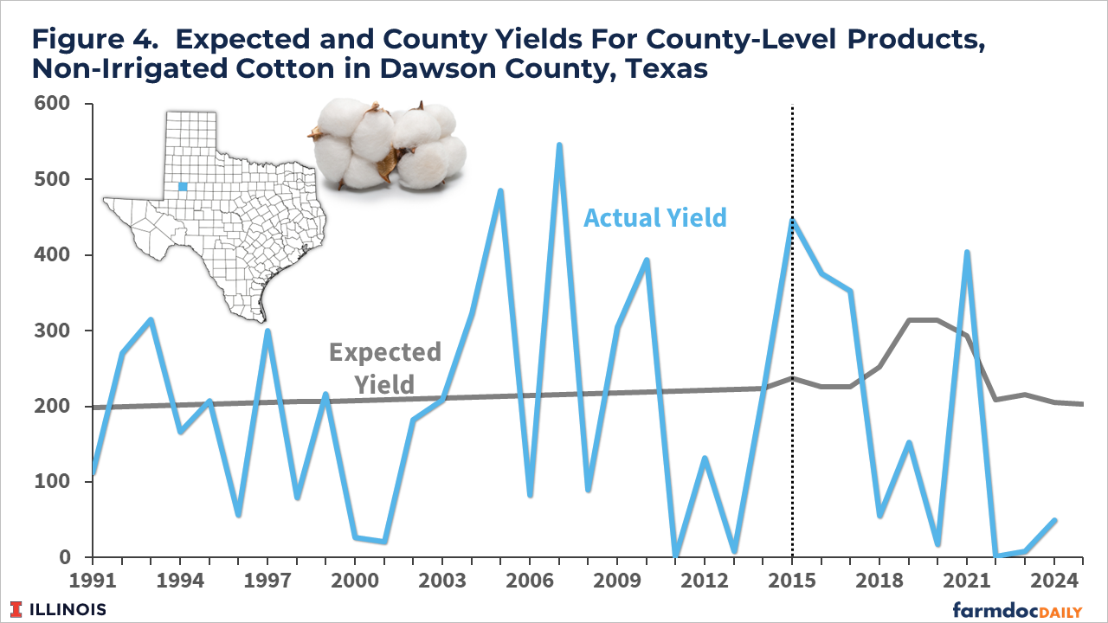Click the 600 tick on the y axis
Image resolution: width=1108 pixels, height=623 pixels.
(x=52, y=103)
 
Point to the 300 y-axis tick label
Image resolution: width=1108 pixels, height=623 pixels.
(x=52, y=331)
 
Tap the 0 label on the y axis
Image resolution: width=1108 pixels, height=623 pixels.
(x=65, y=557)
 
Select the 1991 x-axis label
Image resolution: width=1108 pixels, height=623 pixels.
(x=93, y=580)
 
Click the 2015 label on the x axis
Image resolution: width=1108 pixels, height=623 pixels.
(x=792, y=580)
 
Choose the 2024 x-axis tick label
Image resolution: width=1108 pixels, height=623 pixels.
(x=1054, y=580)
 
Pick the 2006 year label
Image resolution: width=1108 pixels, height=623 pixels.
(x=530, y=580)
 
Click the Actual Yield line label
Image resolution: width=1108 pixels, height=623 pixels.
(x=655, y=218)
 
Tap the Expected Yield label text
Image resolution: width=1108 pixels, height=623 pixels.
(x=385, y=369)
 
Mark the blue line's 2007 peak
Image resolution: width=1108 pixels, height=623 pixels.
(x=559, y=145)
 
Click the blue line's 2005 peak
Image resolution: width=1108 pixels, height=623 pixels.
(x=500, y=190)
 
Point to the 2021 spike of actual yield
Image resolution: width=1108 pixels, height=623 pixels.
(x=967, y=252)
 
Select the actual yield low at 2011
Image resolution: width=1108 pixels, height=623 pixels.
(x=676, y=555)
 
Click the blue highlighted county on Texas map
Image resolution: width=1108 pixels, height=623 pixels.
(x=183, y=186)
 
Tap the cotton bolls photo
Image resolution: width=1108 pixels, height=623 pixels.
(x=387, y=145)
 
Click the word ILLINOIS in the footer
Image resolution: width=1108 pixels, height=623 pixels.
(x=68, y=610)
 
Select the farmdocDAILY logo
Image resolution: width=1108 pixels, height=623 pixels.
(x=1017, y=610)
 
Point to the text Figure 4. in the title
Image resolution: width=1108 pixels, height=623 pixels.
(x=95, y=40)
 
